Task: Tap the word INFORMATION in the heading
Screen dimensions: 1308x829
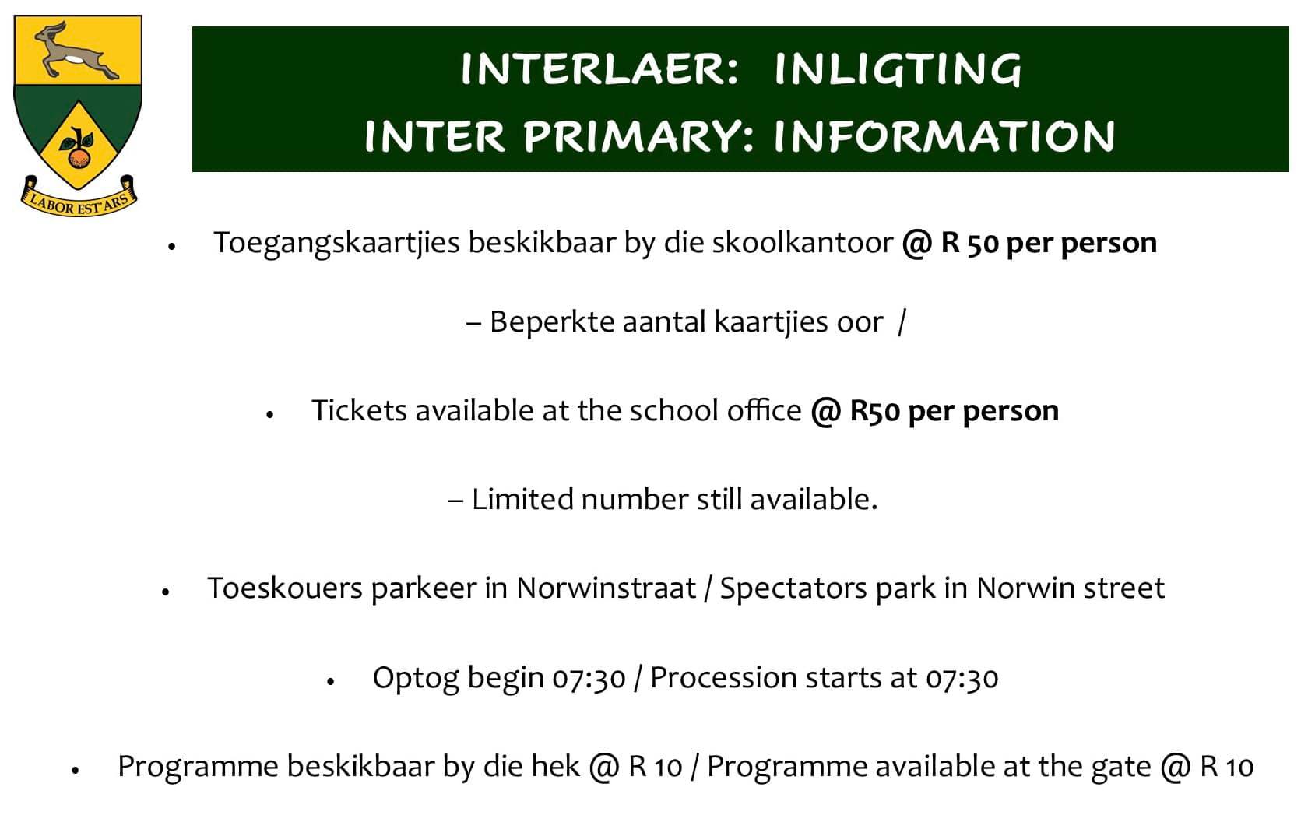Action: pyautogui.click(x=944, y=137)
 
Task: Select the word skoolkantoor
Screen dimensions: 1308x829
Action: pyautogui.click(x=802, y=242)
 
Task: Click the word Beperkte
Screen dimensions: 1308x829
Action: pyautogui.click(x=552, y=323)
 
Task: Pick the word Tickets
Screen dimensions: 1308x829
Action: pyautogui.click(x=359, y=410)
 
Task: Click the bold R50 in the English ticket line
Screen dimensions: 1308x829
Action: pyautogui.click(x=875, y=411)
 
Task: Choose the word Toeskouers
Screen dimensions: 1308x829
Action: pyautogui.click(x=286, y=588)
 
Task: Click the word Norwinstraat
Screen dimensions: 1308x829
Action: pyautogui.click(x=606, y=588)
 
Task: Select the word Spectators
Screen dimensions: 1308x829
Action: pyautogui.click(x=793, y=589)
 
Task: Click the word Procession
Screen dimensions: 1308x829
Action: pyautogui.click(x=723, y=678)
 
